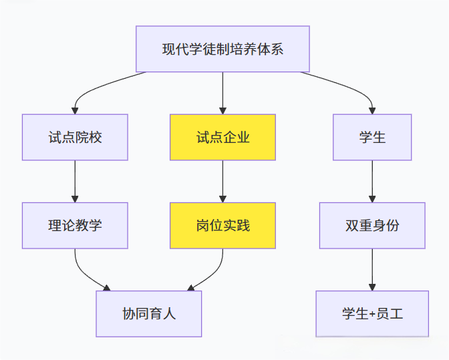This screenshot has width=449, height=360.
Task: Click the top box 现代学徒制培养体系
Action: (222, 49)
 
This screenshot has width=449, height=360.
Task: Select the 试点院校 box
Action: (75, 137)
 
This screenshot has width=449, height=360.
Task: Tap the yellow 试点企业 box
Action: (222, 137)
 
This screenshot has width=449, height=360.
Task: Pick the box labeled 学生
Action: (372, 137)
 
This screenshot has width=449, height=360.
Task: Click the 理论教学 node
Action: (75, 226)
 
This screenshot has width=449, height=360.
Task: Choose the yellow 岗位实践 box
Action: (222, 226)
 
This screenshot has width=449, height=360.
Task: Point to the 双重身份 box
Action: (372, 226)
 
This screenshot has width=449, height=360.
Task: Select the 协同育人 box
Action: (149, 313)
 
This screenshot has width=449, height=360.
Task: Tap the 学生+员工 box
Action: (372, 313)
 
